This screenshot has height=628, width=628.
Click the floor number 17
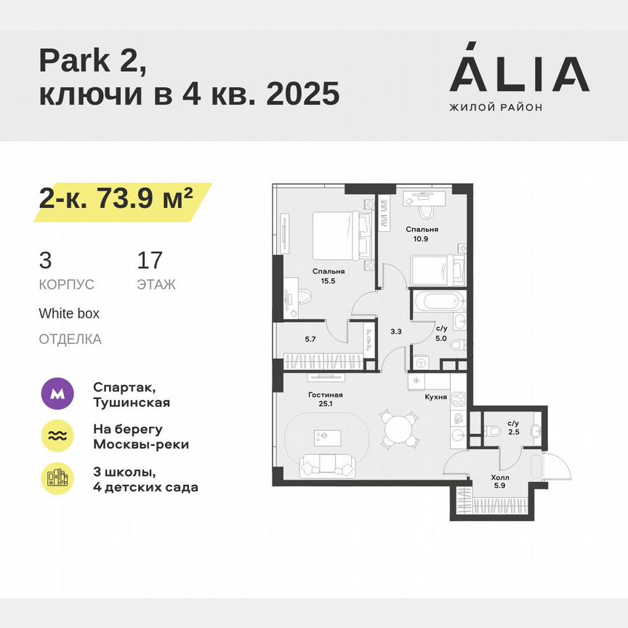(x=150, y=260)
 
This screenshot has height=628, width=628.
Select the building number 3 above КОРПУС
(x=45, y=260)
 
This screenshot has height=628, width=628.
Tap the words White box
(x=69, y=314)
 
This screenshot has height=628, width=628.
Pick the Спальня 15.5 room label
(x=329, y=275)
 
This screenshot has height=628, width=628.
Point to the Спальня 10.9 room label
(x=422, y=233)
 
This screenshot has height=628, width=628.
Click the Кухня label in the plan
(x=435, y=398)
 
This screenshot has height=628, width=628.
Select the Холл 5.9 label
(x=501, y=482)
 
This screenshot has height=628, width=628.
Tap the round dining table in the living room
(x=398, y=429)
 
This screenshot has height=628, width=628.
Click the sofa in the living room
(x=326, y=464)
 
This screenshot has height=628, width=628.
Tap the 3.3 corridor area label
(x=395, y=331)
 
